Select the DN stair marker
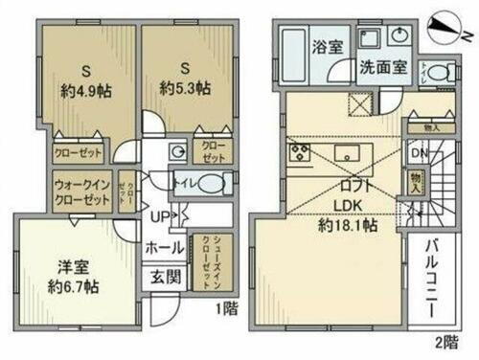pyautogui.click(x=419, y=152)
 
